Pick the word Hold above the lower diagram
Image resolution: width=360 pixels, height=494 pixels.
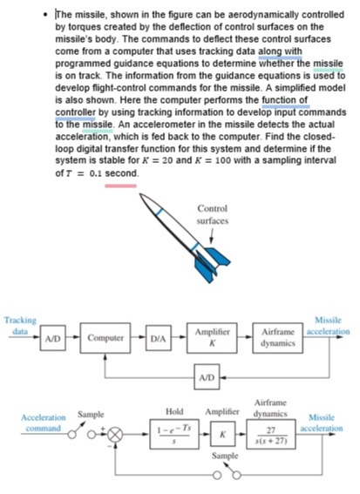tap(173, 409)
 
